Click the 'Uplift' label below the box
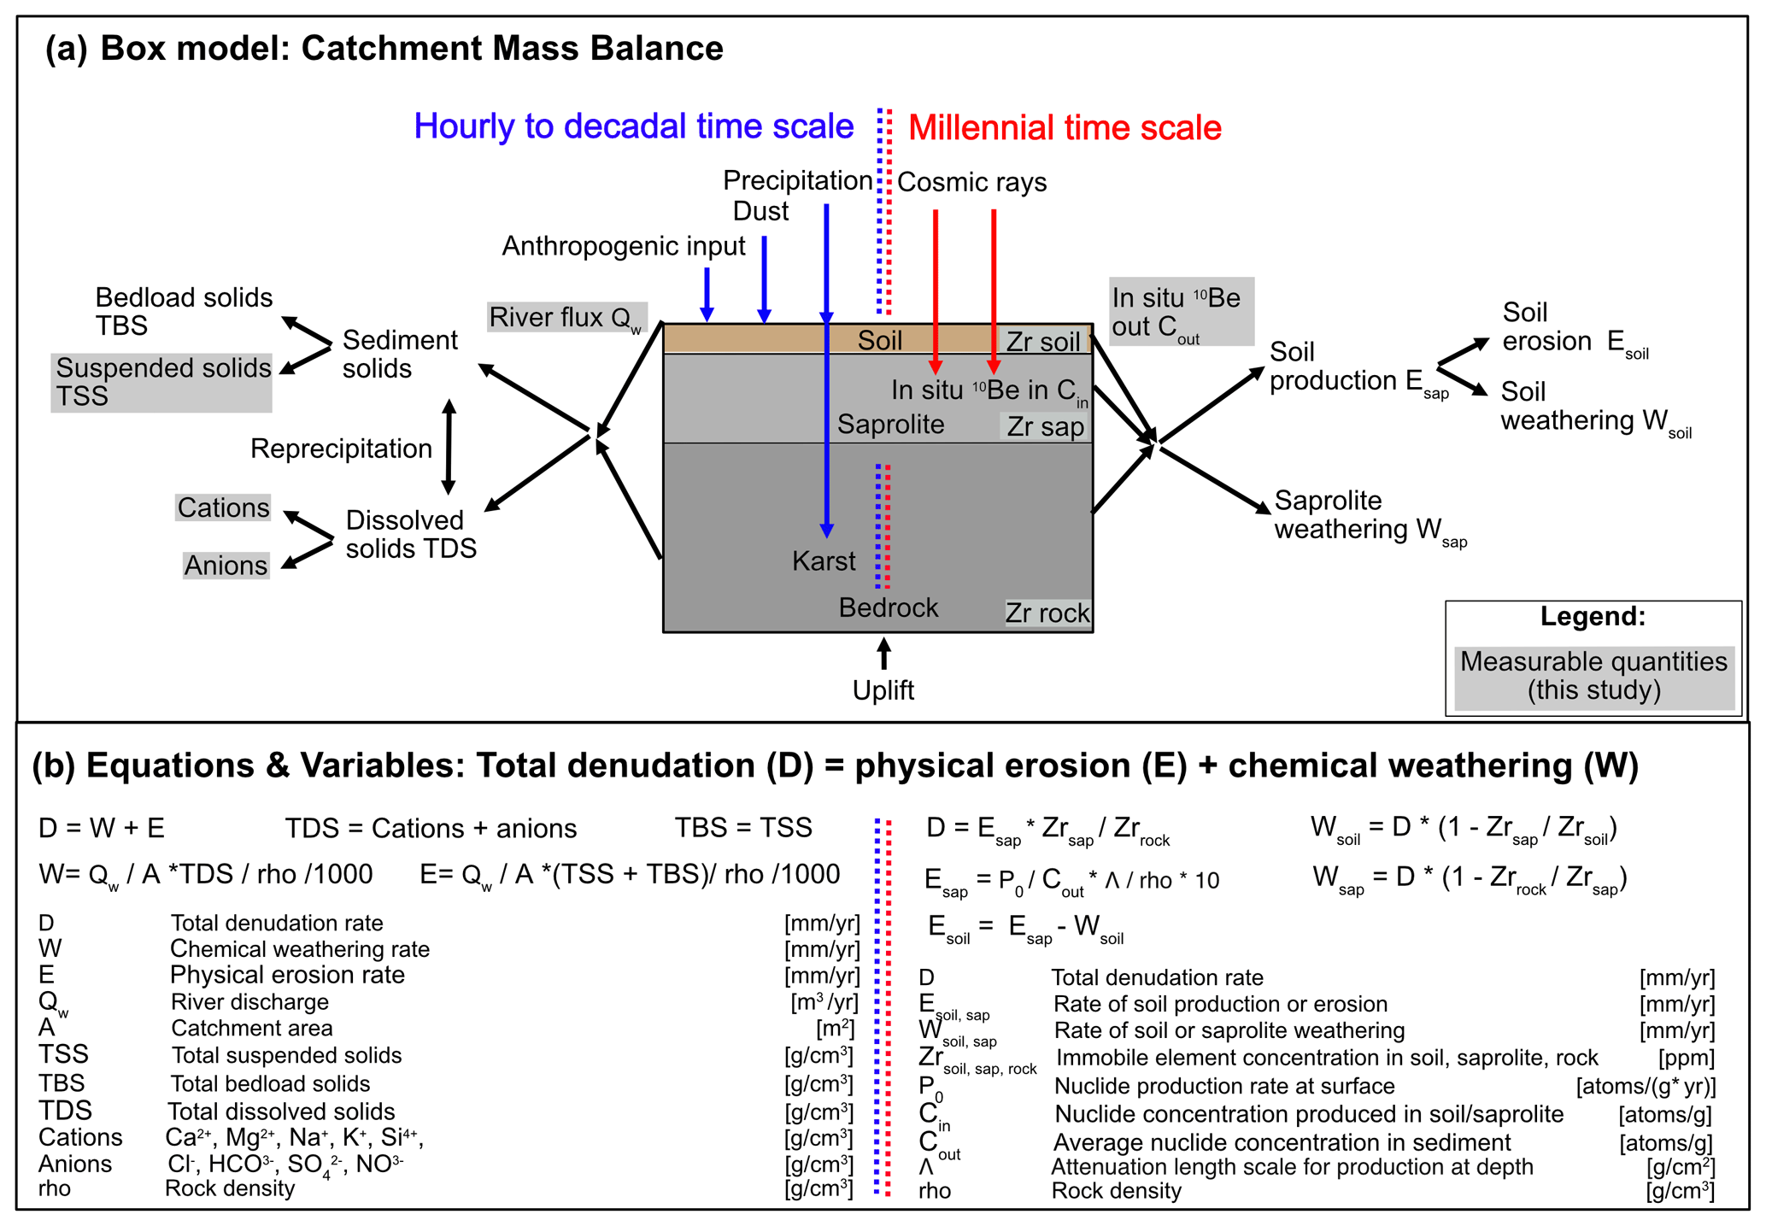point(883,690)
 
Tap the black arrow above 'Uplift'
point(883,654)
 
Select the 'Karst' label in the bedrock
point(823,561)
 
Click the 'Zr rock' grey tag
point(1047,613)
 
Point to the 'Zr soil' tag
point(1043,342)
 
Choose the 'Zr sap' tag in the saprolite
point(1045,426)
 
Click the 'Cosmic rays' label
point(971,182)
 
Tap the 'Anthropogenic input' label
point(624,246)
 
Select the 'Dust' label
point(760,211)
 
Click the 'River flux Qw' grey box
point(566,318)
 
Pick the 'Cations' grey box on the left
point(223,507)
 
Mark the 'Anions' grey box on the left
point(226,566)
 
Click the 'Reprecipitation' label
point(341,449)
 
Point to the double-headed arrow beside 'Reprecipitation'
point(449,447)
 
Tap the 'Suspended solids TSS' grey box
point(161,383)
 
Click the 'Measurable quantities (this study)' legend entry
point(1593,676)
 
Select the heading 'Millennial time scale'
point(1065,128)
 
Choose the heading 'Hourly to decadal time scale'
point(633,126)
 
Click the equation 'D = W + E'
point(101,828)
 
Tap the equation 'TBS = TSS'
point(743,828)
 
